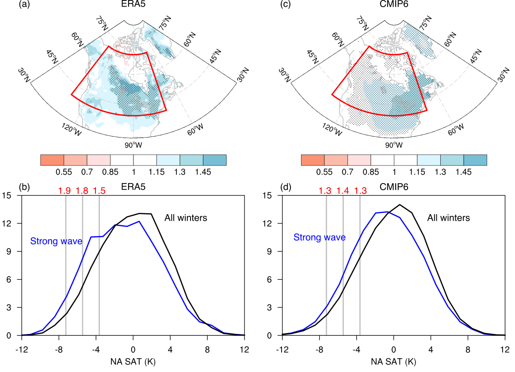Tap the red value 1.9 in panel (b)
[x=65, y=191]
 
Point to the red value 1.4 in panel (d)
[x=343, y=191]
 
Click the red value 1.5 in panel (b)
[x=99, y=191]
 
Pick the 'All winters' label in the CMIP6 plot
[x=448, y=218]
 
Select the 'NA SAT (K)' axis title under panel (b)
[x=133, y=361]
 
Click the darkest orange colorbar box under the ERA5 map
[x=52, y=160]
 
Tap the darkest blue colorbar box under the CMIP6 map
[x=475, y=160]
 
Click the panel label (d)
[x=286, y=187]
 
